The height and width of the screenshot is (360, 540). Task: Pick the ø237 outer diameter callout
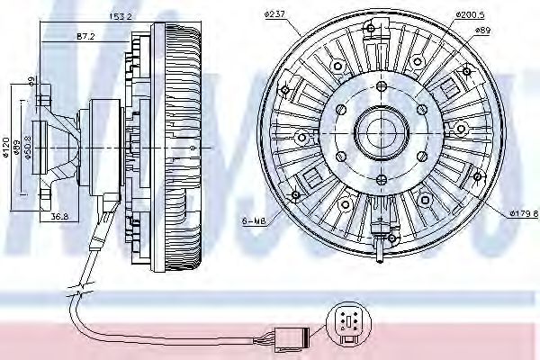[275, 13]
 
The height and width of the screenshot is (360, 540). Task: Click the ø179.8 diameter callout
[522, 213]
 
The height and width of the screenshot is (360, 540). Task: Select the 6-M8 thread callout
[253, 219]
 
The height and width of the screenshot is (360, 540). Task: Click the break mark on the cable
[81, 291]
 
